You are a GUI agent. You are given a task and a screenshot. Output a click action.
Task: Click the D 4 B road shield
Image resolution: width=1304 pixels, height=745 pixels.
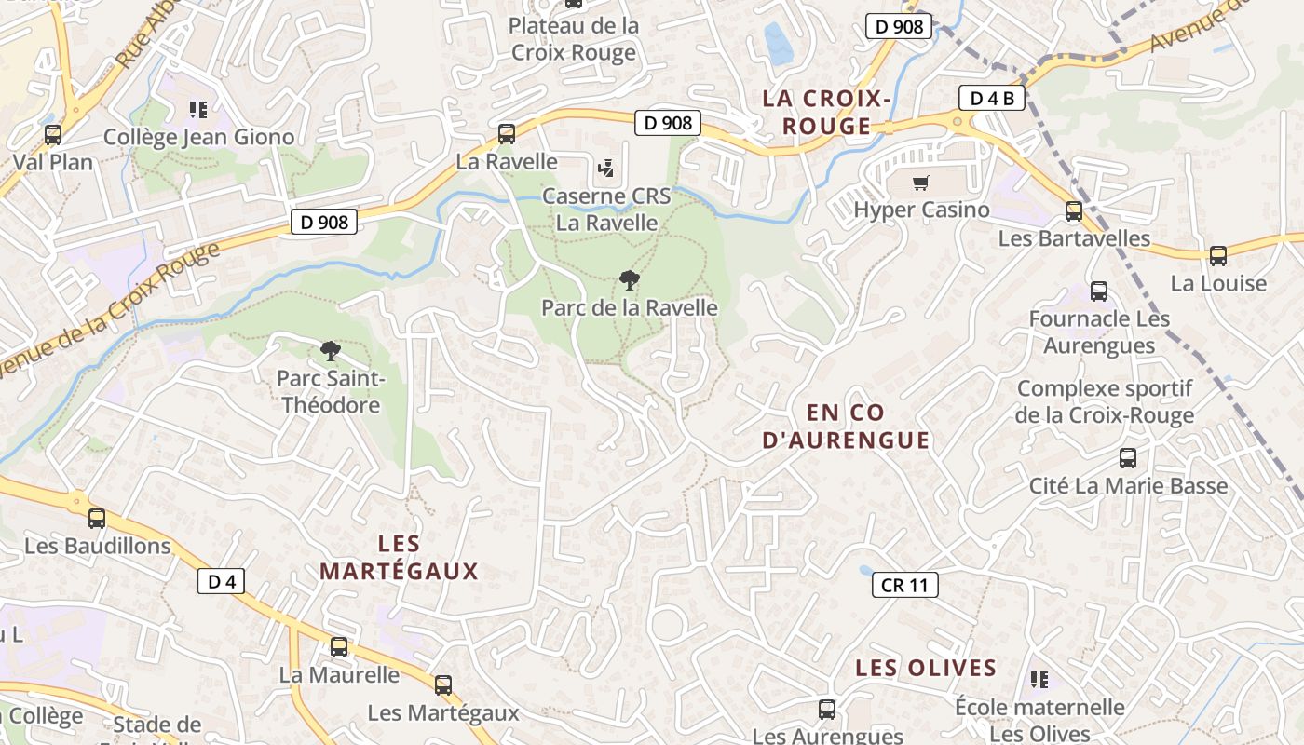coord(992,98)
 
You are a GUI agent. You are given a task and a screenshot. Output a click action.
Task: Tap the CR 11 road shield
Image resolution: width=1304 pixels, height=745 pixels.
coord(904,585)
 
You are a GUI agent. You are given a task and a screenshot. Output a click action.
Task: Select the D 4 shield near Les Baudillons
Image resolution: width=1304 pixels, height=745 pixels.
coord(222,582)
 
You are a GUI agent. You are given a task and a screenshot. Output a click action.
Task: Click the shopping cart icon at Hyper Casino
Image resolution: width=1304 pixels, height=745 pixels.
coord(921,183)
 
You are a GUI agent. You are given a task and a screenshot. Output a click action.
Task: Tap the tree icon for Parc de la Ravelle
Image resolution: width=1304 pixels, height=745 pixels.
coord(630,279)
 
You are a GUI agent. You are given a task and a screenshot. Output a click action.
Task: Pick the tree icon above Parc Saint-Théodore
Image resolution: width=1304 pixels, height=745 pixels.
coord(330,351)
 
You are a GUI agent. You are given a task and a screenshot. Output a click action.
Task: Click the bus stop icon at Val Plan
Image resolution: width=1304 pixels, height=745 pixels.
coord(53,135)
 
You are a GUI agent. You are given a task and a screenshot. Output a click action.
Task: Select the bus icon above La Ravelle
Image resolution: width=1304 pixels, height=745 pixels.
coord(507,133)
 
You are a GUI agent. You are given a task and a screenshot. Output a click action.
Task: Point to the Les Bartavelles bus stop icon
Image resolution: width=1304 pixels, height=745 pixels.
coord(1074,211)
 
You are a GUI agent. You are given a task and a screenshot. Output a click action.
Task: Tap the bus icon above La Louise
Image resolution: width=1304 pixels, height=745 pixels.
coord(1218,256)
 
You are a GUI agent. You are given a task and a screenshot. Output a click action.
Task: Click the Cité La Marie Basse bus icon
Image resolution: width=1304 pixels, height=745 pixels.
coord(1128,458)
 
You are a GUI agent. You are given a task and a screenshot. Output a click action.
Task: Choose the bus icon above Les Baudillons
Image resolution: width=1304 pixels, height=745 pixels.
coord(97,519)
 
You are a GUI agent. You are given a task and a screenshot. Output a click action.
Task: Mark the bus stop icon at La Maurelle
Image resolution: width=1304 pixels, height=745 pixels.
coord(339,647)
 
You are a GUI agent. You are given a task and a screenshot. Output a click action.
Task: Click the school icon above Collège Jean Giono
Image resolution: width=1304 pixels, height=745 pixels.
coord(197,110)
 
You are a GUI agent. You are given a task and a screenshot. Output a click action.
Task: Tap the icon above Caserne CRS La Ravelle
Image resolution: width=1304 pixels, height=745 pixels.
coord(606,169)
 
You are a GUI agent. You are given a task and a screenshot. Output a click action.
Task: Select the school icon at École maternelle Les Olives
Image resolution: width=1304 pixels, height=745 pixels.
coord(1040,681)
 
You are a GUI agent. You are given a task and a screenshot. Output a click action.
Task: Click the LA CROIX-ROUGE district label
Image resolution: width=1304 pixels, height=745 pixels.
coord(827,112)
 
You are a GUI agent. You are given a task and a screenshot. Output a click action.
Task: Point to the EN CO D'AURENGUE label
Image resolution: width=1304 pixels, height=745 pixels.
coord(846,427)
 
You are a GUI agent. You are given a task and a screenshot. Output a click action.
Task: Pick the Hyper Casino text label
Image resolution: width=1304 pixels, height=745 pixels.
coord(921,210)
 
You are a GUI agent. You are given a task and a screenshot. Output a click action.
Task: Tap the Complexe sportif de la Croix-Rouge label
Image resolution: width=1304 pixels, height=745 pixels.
coord(1105,401)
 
